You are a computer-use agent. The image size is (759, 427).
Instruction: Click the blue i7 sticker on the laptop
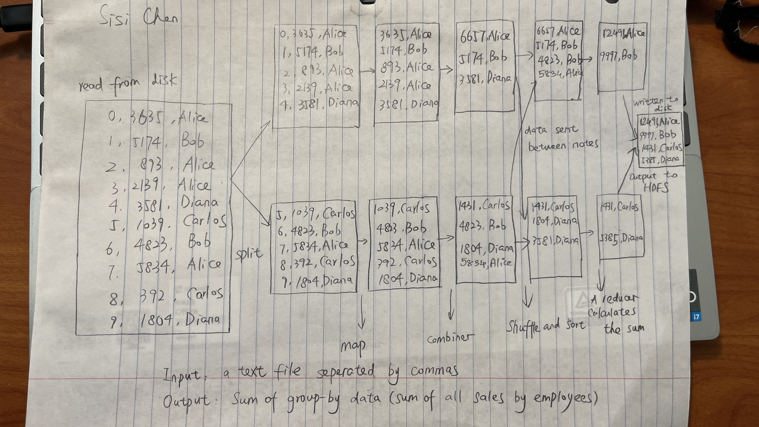pyautogui.click(x=696, y=317)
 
